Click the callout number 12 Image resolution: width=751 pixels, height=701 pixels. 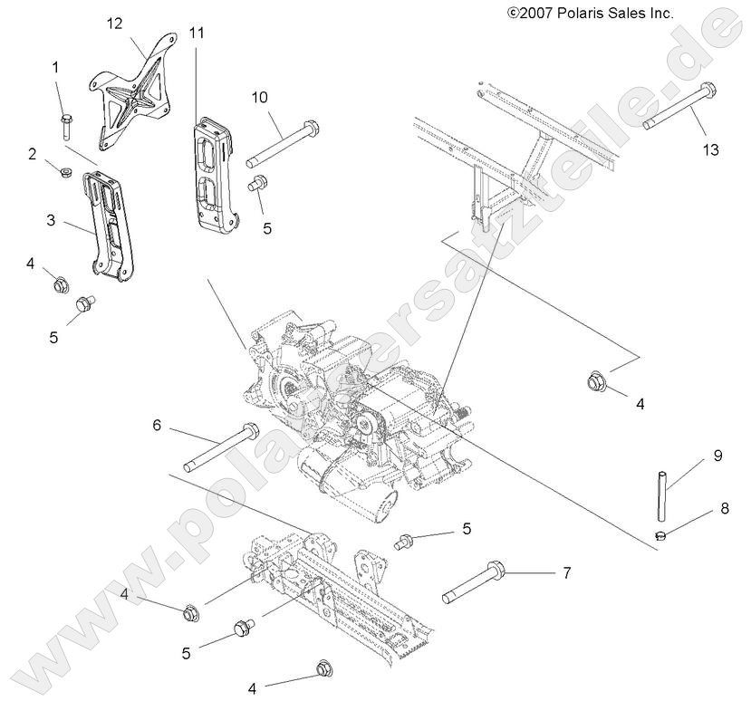114,22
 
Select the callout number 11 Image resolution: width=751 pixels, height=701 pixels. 197,33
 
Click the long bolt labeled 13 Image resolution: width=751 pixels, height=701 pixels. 679,107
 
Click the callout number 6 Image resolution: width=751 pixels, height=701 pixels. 156,425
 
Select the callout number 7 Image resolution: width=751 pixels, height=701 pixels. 567,573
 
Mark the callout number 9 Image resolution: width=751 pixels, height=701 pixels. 717,456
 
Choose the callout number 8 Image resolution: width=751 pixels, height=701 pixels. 724,508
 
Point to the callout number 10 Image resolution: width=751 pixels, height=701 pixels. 260,97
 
